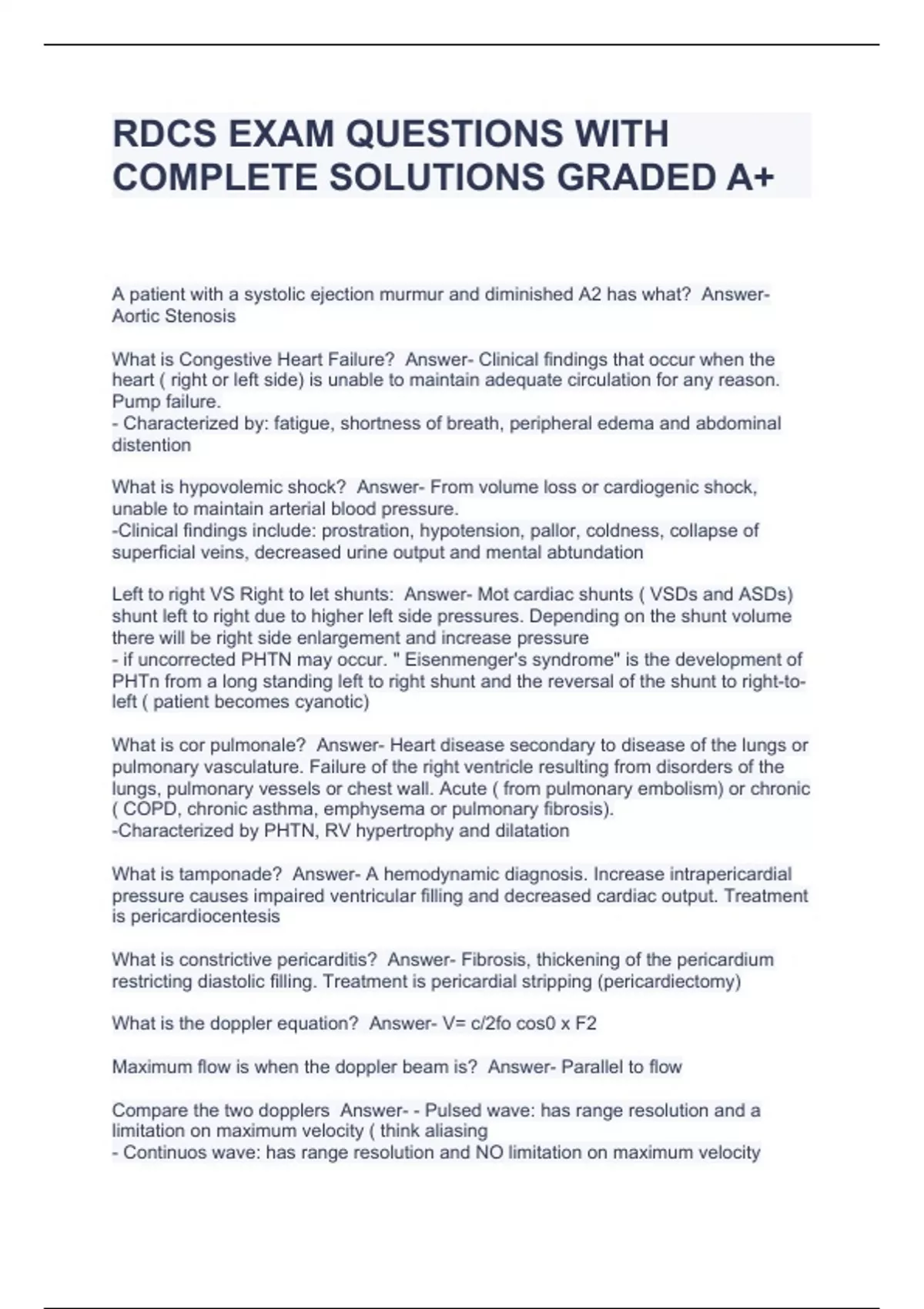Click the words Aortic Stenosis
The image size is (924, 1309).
click(x=174, y=316)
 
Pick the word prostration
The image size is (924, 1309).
click(x=366, y=531)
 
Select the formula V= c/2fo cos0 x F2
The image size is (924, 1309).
click(x=519, y=1024)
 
